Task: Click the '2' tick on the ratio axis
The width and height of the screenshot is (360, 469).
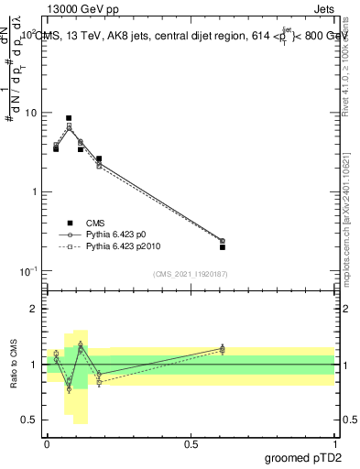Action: click(37, 309)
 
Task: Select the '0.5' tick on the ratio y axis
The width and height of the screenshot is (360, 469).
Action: click(32, 420)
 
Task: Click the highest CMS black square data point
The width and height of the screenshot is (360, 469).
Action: click(69, 118)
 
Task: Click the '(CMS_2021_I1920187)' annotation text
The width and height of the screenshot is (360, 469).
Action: click(191, 274)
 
